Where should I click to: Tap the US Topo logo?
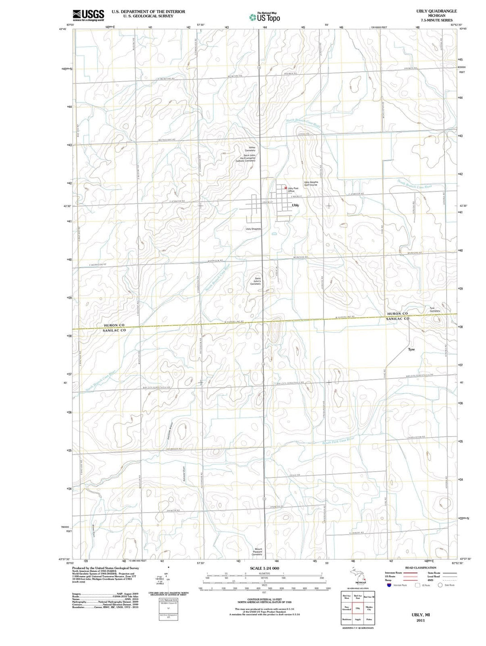tap(265, 17)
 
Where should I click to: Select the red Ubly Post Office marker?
tap(285, 187)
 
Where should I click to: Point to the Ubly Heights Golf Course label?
tap(310, 183)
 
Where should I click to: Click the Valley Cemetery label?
tap(250, 149)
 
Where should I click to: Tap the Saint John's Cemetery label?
tap(255, 281)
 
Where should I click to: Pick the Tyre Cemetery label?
tap(435, 309)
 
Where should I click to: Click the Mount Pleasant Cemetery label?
tap(257, 551)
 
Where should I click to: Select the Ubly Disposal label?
tap(253, 229)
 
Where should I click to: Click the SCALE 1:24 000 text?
tap(264, 568)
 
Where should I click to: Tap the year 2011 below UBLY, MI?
tap(421, 620)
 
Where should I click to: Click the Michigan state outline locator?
tap(357, 575)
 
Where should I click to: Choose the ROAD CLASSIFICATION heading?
tap(420, 568)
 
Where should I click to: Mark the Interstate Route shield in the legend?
tap(389, 585)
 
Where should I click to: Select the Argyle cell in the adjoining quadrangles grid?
tap(358, 620)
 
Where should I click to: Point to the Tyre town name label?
tap(411, 349)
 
